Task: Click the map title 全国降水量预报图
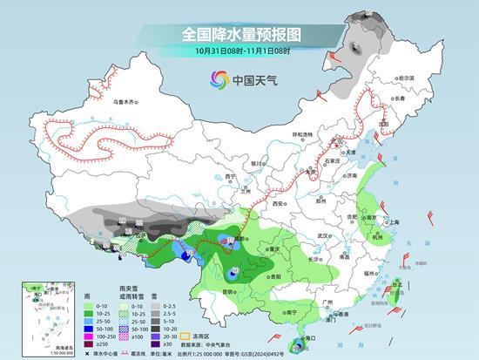[x=239, y=34]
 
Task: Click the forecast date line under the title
[x=239, y=51]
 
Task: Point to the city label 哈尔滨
[x=405, y=78]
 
